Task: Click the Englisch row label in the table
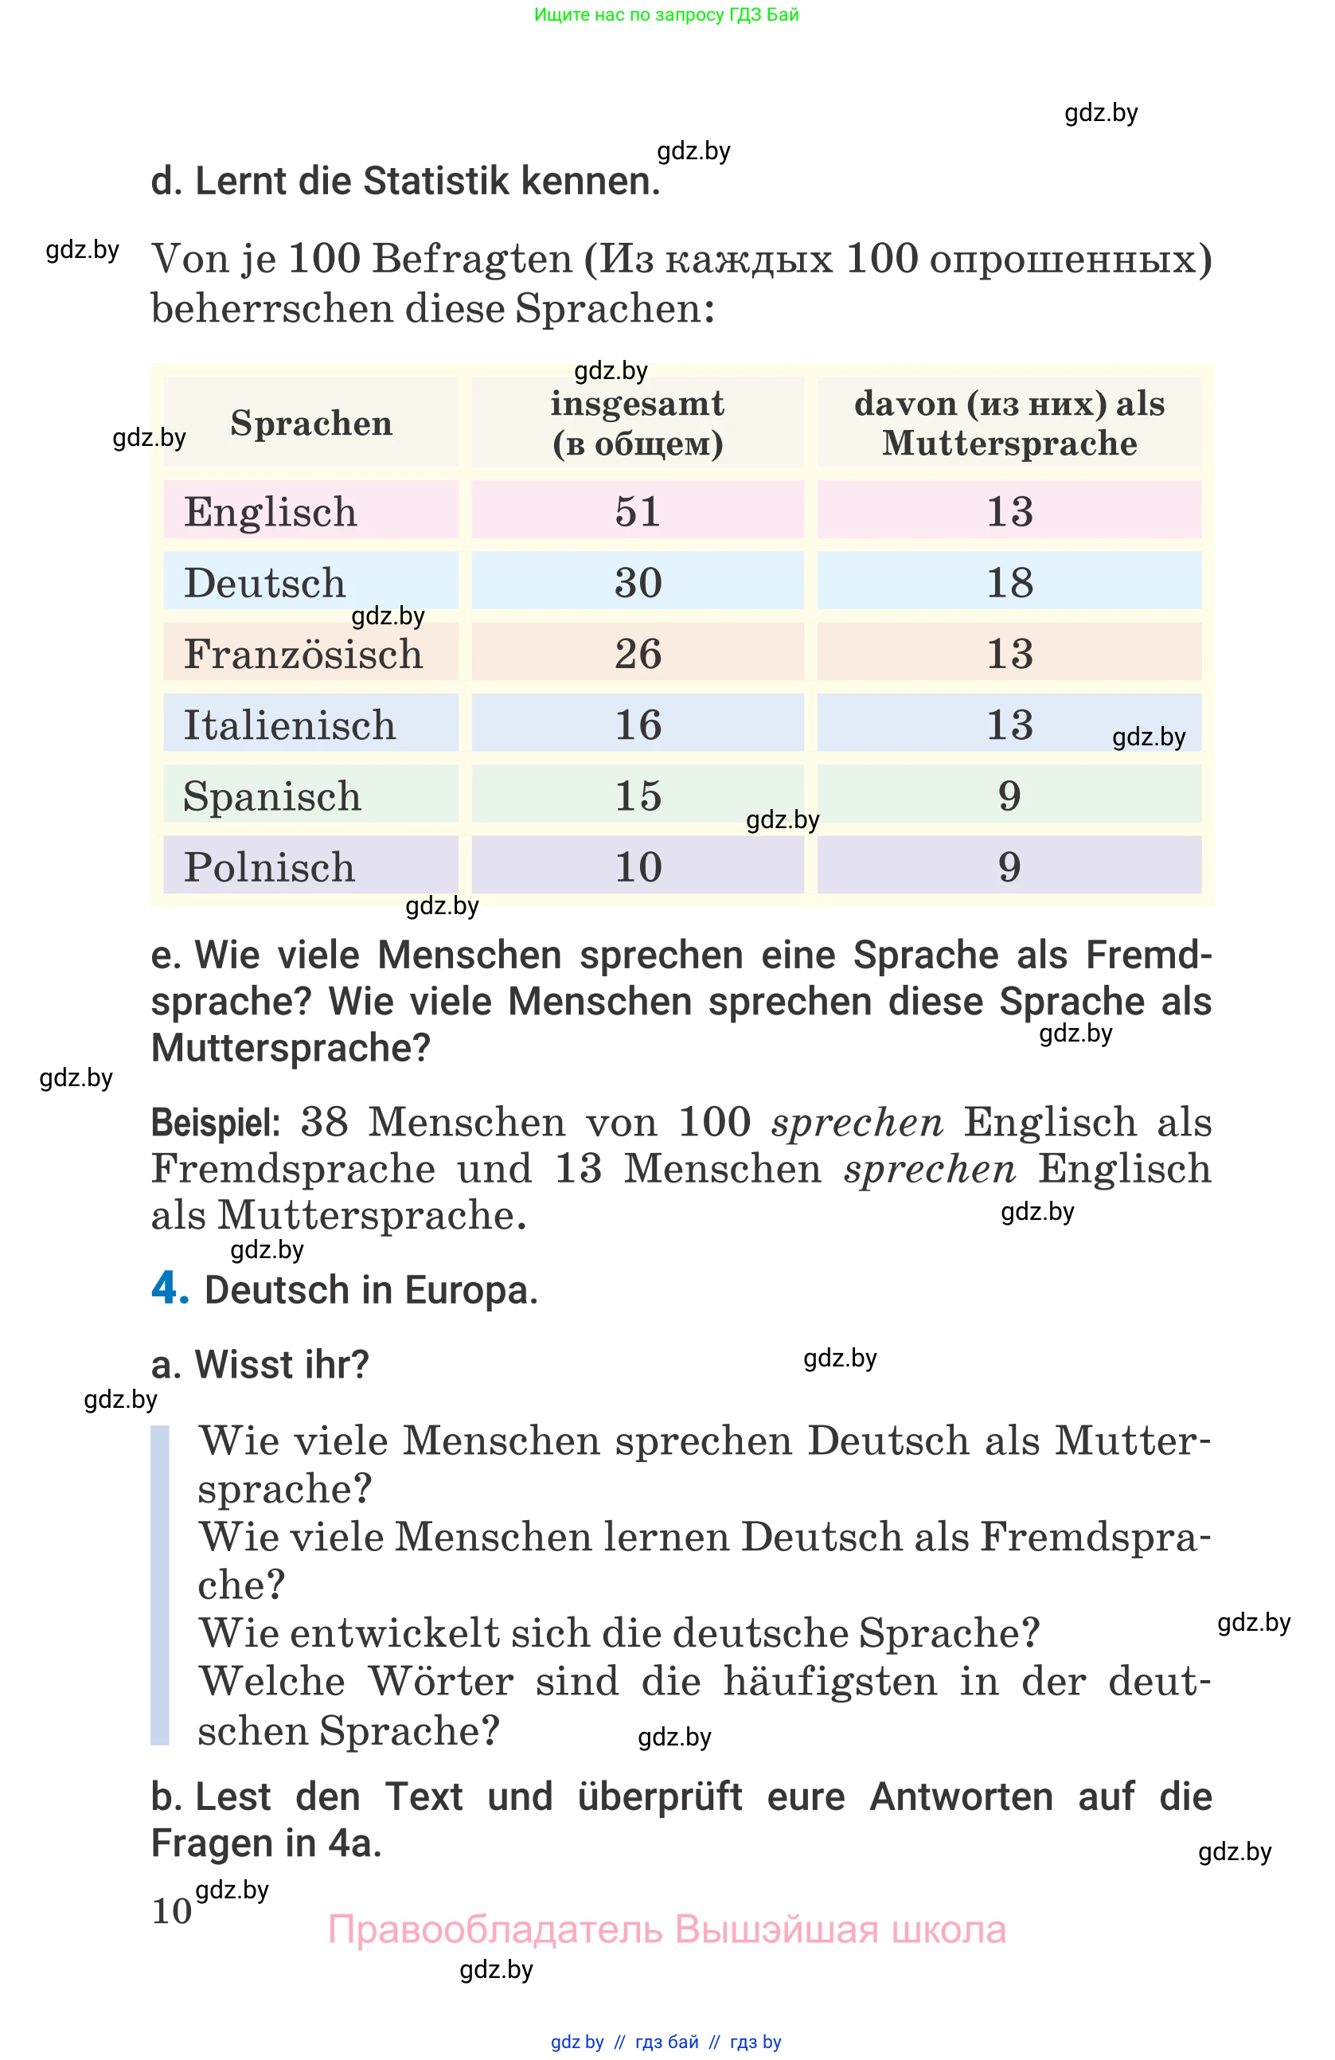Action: (270, 511)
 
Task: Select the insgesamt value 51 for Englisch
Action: (638, 511)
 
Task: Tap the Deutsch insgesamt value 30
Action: (638, 583)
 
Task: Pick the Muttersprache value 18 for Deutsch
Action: (1009, 583)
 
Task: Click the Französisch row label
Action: (303, 654)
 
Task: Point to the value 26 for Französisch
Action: (638, 654)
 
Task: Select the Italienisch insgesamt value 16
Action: (638, 725)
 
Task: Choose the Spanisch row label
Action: (271, 796)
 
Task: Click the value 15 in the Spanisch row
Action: (638, 795)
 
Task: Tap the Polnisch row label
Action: (269, 867)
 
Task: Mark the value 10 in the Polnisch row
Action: (638, 867)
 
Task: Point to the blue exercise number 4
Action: (169, 1287)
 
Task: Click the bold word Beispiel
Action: (216, 1123)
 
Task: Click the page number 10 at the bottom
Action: (171, 1911)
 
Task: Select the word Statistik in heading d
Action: (437, 182)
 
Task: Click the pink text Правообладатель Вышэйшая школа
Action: (666, 1929)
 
